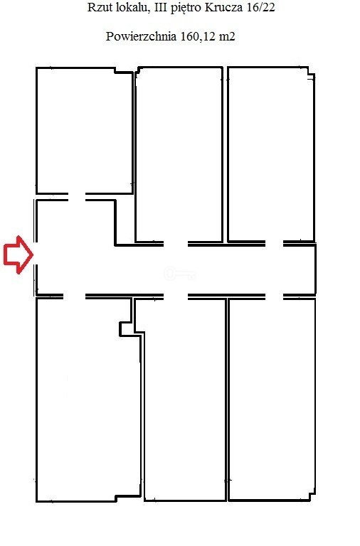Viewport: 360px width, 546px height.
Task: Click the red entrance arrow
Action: click(x=18, y=255)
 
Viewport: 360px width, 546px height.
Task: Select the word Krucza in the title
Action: click(x=223, y=8)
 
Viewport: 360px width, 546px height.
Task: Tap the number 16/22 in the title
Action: click(x=260, y=8)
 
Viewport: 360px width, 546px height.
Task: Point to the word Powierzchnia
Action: click(x=141, y=36)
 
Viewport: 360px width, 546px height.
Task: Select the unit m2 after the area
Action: click(x=227, y=36)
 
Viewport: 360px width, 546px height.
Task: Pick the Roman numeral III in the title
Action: click(x=160, y=8)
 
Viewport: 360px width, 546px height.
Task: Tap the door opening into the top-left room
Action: click(x=77, y=197)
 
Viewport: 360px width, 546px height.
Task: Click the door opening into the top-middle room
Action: click(x=176, y=243)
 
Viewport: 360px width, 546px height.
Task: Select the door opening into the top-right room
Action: click(x=274, y=243)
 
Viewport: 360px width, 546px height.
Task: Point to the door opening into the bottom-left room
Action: click(x=74, y=296)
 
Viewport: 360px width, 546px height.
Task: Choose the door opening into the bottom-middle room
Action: click(x=176, y=296)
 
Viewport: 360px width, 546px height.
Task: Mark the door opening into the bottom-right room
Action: click(x=274, y=296)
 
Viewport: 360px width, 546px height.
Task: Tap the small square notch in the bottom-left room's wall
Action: click(x=126, y=329)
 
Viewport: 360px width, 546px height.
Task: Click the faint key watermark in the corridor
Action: click(x=179, y=274)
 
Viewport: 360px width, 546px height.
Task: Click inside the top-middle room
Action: click(x=179, y=154)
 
